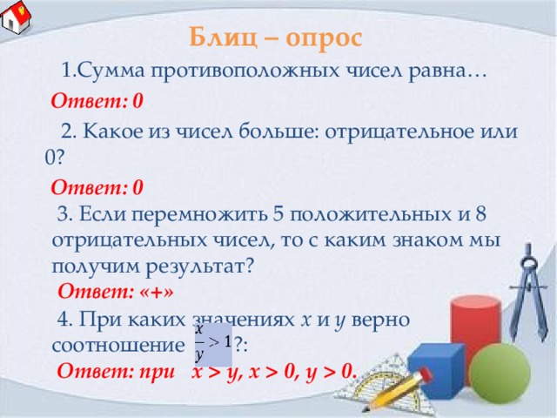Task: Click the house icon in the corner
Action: coord(16,17)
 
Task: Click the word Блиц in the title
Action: coord(223,37)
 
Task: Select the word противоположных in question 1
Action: coord(245,71)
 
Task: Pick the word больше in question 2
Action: coord(277,131)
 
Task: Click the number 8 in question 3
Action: coord(480,213)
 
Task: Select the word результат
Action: coord(200,266)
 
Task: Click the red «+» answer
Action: coord(157,292)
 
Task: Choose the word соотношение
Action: coord(118,345)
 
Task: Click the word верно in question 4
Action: coord(380,320)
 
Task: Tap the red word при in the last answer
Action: coord(157,372)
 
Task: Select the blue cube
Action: coord(437,369)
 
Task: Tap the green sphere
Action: coord(500,374)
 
